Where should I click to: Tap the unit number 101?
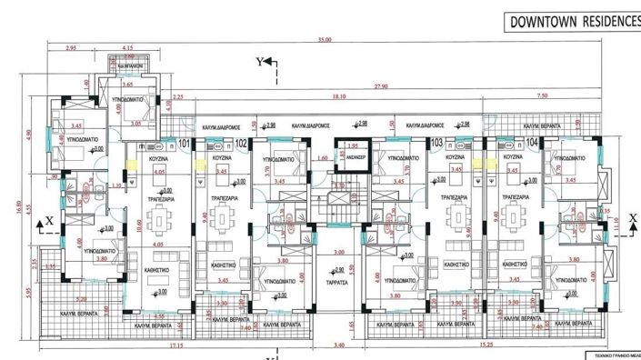point(184,143)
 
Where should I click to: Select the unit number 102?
point(242,143)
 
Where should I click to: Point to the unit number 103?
point(438,143)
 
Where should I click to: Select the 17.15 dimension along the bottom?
point(164,346)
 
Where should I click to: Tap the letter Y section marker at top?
point(260,61)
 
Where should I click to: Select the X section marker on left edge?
point(50,219)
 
